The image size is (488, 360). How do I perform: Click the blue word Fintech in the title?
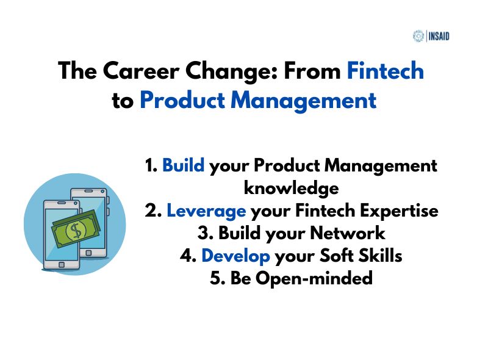pyautogui.click(x=385, y=71)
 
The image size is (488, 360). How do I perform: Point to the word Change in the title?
pyautogui.click(x=229, y=71)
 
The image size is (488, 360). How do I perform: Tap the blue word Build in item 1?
pyautogui.click(x=183, y=166)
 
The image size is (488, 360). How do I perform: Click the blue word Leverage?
pyautogui.click(x=206, y=211)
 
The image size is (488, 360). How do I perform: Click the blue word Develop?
pyautogui.click(x=235, y=256)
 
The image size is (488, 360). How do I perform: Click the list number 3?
pyautogui.click(x=205, y=234)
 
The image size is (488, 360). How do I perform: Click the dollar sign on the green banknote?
pyautogui.click(x=76, y=231)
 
